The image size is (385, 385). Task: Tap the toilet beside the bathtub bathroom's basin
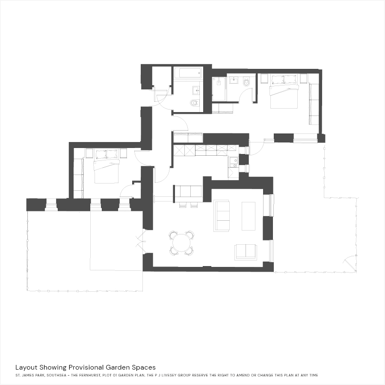(195, 103)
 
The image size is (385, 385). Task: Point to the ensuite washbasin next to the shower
(234, 80)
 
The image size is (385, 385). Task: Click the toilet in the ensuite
(246, 82)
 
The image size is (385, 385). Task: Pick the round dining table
(181, 243)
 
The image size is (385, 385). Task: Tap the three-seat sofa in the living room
(222, 216)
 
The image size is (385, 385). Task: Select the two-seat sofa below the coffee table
(246, 252)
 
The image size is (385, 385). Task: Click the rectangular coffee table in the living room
(249, 216)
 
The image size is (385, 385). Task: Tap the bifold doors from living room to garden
(141, 242)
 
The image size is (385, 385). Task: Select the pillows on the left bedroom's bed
(107, 154)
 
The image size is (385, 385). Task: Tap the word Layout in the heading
(27, 367)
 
